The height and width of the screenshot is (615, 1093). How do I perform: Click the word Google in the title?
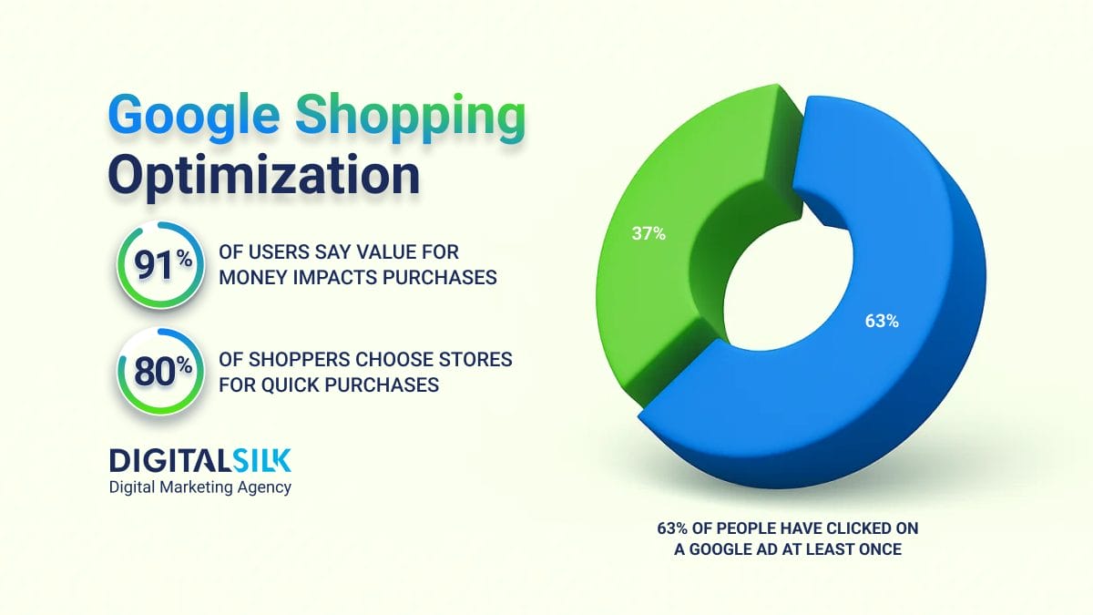194,118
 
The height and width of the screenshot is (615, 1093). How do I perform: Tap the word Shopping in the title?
411,118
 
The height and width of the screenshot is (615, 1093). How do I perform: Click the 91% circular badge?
160,265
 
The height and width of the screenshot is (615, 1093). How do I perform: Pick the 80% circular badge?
160,372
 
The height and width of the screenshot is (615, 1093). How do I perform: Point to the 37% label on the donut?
649,233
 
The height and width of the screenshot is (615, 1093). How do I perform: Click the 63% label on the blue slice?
882,321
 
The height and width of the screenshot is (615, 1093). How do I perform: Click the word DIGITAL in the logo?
169,461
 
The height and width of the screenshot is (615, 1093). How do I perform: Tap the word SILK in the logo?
262,461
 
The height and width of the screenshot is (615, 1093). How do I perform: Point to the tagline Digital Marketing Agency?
200,487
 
